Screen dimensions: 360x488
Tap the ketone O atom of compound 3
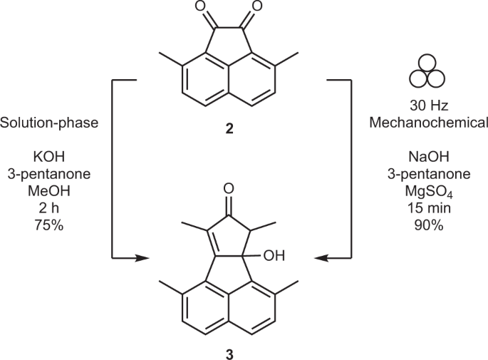[228, 189]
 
